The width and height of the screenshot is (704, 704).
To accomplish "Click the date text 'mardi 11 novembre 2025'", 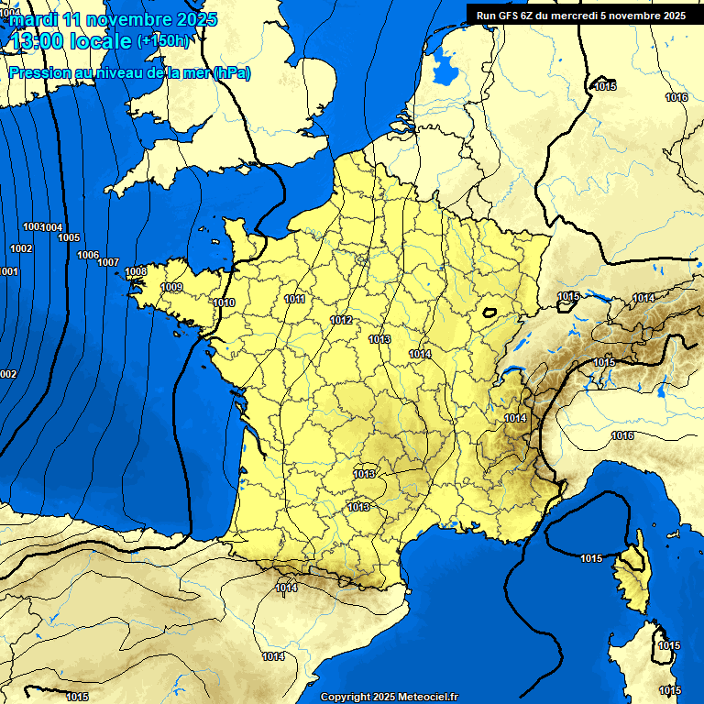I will pos(114,19).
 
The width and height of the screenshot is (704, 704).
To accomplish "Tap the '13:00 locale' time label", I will pos(71,41).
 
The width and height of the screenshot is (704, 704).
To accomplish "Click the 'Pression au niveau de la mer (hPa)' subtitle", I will pos(129,73).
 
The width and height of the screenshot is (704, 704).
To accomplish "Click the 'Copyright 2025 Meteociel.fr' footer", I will pos(389,697).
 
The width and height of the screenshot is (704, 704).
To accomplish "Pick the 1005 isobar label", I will pos(69,237).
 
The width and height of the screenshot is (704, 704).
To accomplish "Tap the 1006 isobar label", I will pos(88,255).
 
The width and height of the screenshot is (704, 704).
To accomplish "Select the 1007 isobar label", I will pos(108,263).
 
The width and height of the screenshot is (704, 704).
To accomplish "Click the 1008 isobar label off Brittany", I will pos(136,271).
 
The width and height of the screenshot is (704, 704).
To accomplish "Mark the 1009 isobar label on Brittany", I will pos(171,288).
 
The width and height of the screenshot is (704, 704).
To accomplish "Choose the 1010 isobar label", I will pos(224,302).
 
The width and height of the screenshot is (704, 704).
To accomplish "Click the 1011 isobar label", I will pos(295,299).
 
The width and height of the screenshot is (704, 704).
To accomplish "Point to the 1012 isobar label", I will pos(341,320).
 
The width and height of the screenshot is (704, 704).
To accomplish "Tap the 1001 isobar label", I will pos(8,271).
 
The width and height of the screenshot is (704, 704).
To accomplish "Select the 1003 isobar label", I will pos(32,226).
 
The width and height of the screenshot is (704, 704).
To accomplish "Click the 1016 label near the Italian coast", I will pos(622,435).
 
